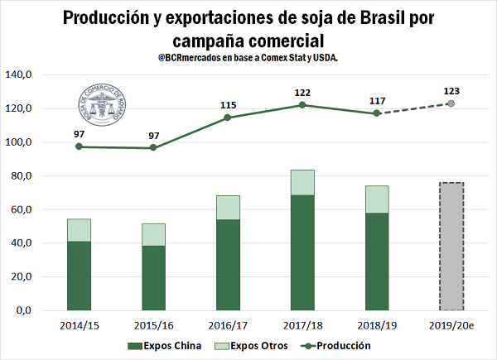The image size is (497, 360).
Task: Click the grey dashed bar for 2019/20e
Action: pyautogui.click(x=451, y=246)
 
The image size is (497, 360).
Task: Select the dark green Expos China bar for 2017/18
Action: pyautogui.click(x=302, y=252)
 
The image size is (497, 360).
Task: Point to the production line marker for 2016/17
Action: pyautogui.click(x=228, y=118)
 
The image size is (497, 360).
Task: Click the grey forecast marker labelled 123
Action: pyautogui.click(x=451, y=103)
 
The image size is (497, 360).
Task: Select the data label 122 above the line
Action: pyautogui.click(x=302, y=93)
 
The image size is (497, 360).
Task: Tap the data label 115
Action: pyautogui.click(x=228, y=105)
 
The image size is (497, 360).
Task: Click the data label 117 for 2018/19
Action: pyautogui.click(x=377, y=100)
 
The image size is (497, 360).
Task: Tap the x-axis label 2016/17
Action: pyautogui.click(x=228, y=326)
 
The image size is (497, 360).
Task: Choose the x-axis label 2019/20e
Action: pyautogui.click(x=451, y=326)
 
